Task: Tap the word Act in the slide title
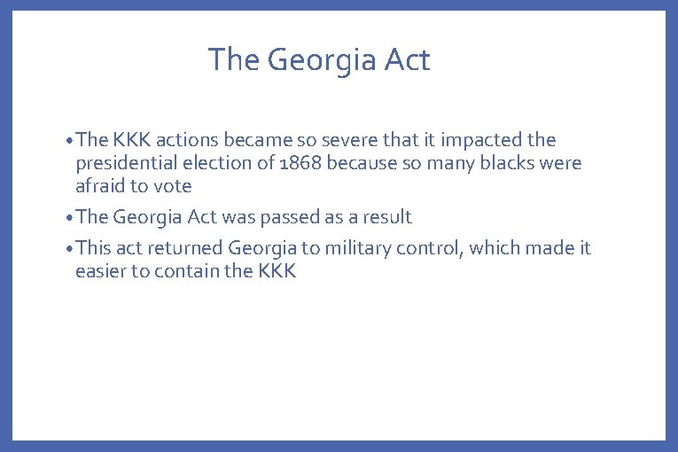click(407, 60)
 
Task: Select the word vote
click(173, 186)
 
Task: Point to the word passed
click(291, 217)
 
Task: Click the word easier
click(100, 271)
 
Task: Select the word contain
click(186, 271)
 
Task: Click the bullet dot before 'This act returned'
click(69, 249)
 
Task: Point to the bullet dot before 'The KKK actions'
click(69, 141)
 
